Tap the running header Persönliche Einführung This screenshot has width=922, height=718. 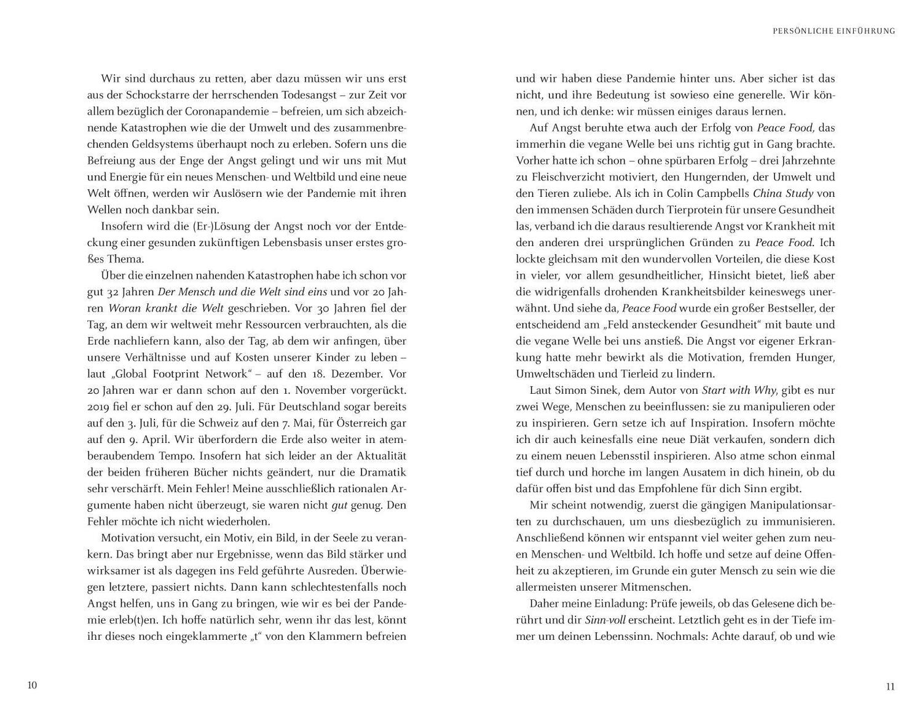(833, 31)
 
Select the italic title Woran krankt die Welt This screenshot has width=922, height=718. (165, 308)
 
